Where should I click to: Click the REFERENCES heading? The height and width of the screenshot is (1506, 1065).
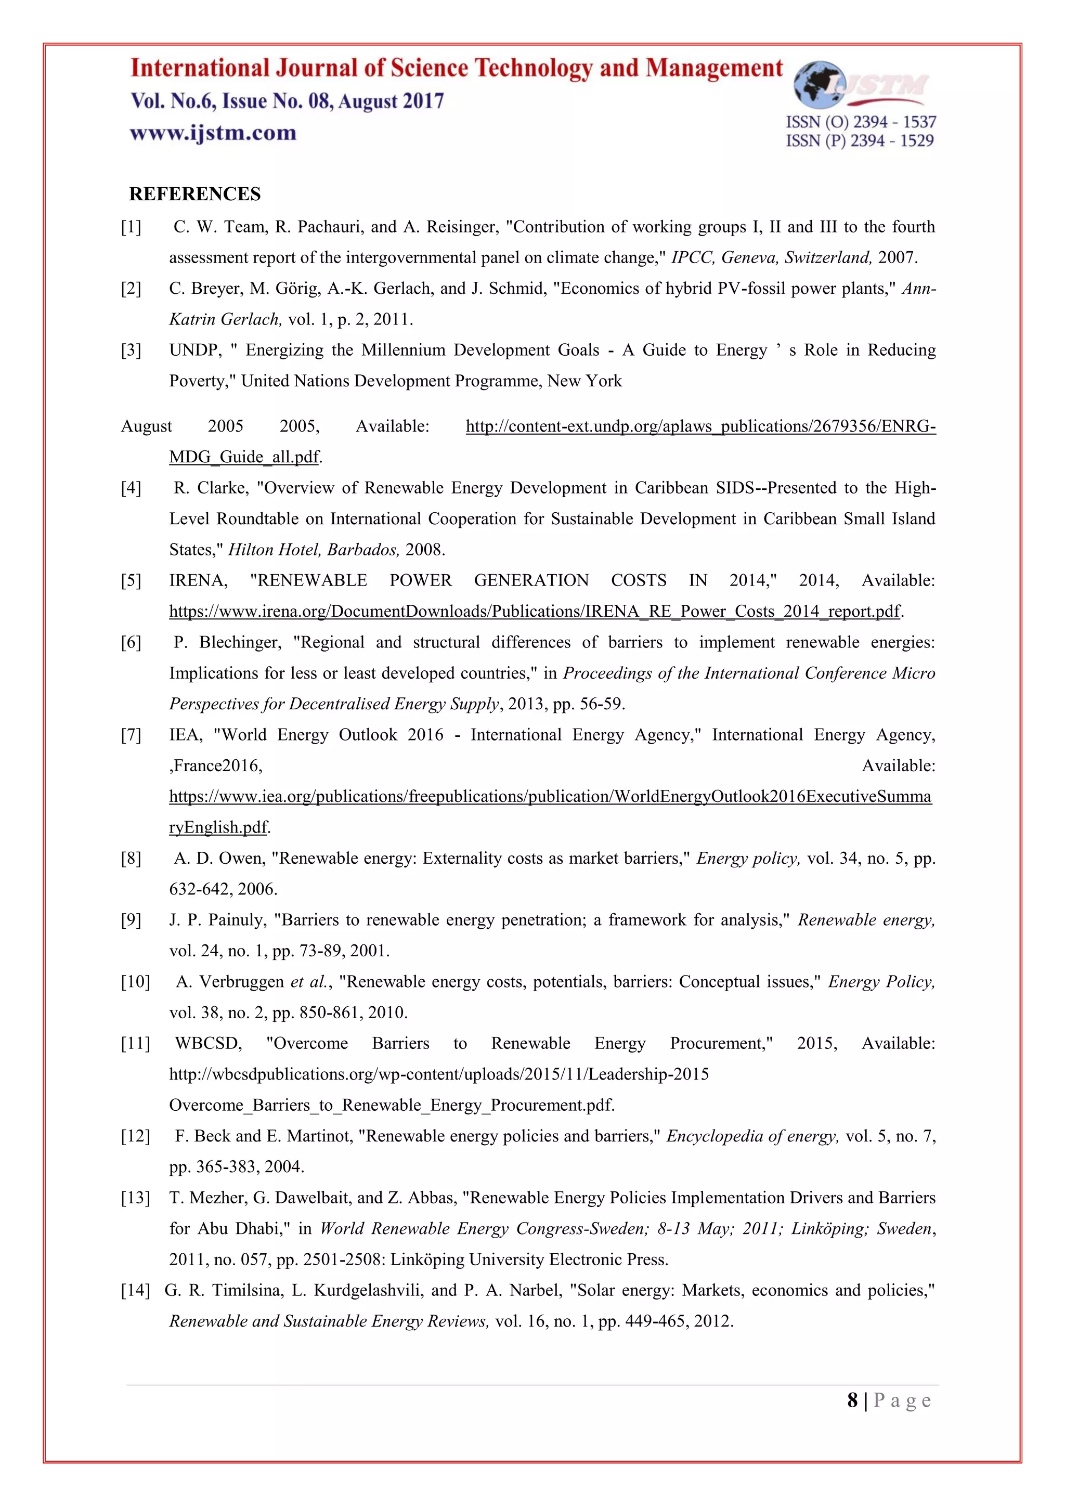(x=195, y=194)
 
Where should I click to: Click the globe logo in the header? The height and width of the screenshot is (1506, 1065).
(x=820, y=85)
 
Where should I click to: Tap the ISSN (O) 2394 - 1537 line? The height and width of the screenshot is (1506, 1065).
(x=861, y=122)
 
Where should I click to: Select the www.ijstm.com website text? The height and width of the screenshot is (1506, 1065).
(x=213, y=133)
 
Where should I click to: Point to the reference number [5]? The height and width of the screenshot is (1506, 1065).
(x=131, y=580)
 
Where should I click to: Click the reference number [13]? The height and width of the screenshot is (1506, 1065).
(x=135, y=1198)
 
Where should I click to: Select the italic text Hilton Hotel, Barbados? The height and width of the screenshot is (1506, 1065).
(x=314, y=550)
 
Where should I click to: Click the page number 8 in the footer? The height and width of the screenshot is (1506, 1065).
(x=852, y=1400)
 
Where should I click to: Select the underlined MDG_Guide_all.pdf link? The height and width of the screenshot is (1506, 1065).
(x=244, y=457)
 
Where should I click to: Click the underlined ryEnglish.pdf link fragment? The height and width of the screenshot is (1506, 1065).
(x=218, y=827)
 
